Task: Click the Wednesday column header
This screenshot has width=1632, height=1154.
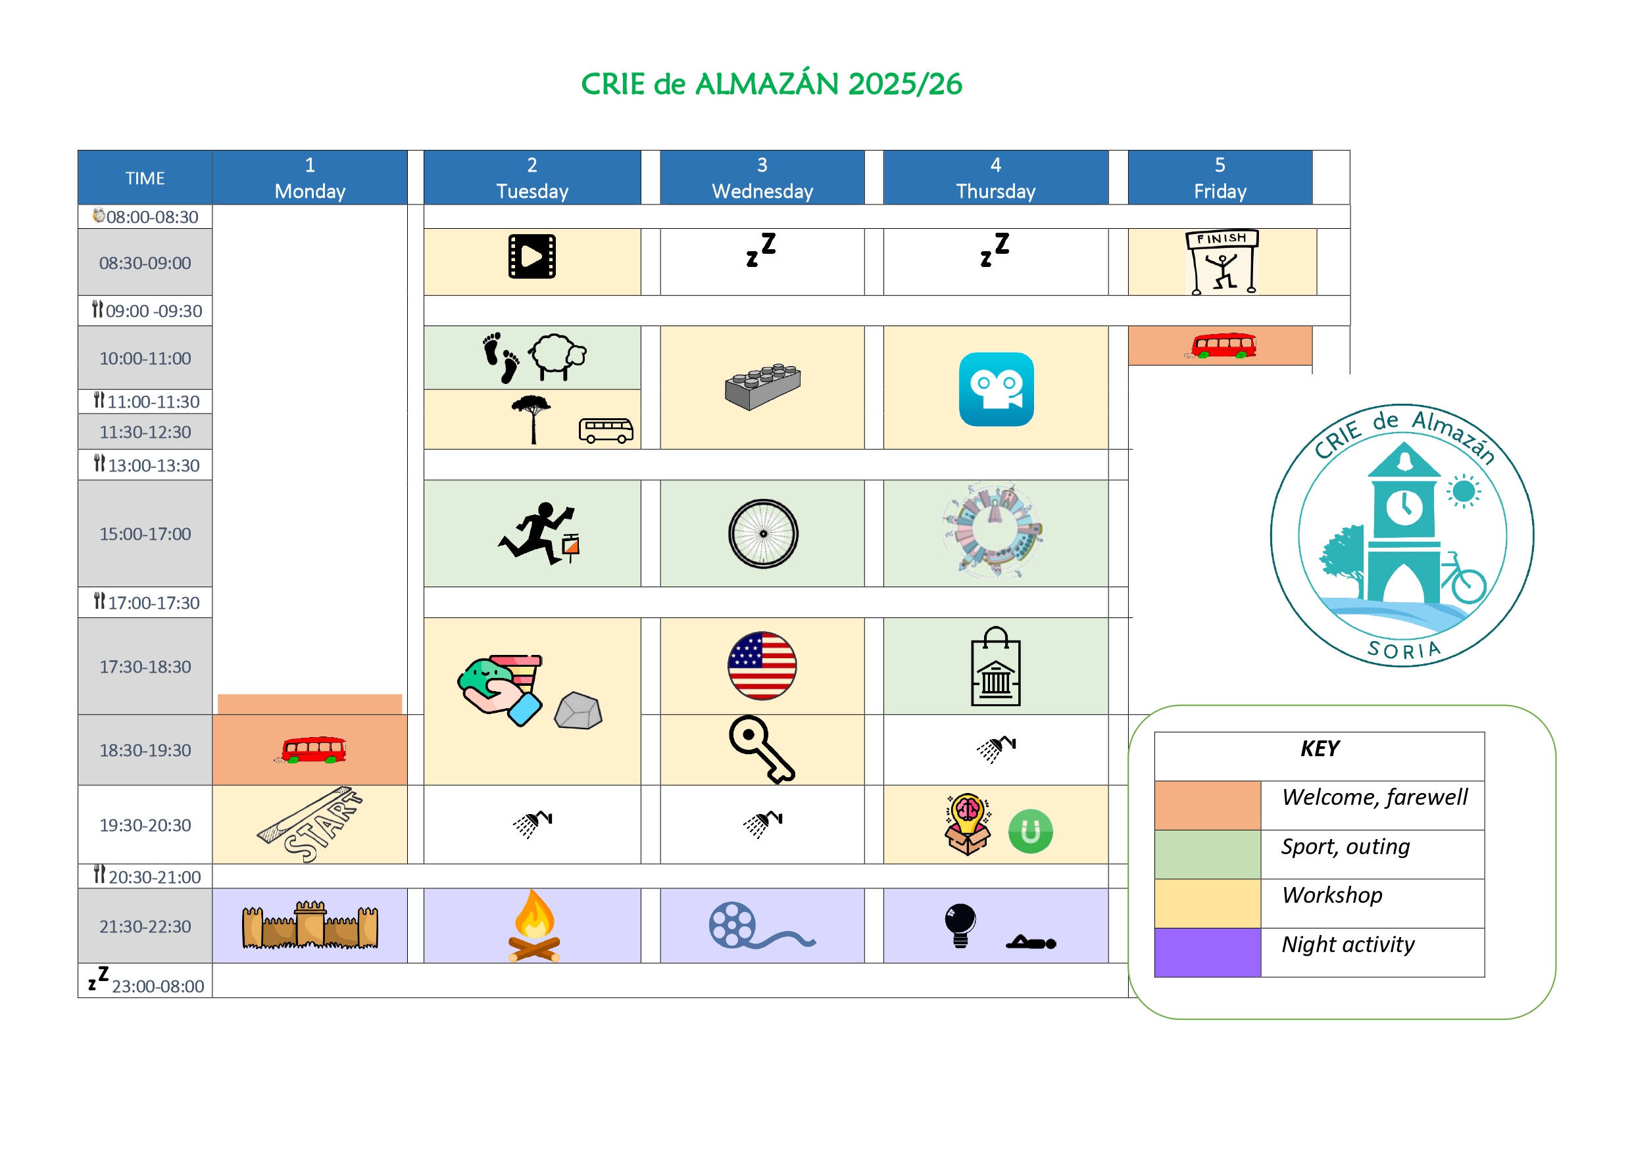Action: point(762,178)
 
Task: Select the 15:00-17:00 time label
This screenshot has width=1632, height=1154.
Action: point(145,534)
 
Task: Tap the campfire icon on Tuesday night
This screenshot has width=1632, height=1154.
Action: point(534,925)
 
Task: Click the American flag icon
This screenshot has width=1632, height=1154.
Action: point(762,666)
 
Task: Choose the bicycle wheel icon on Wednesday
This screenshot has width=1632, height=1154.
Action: point(762,534)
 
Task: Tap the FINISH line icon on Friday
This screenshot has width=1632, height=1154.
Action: point(1221,262)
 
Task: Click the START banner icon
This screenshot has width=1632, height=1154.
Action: point(310,825)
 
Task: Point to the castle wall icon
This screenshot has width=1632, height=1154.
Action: point(310,925)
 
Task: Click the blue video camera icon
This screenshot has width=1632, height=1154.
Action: point(996,389)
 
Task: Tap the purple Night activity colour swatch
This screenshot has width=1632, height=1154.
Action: point(1207,952)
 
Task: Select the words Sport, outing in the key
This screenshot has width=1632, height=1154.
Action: point(1345,846)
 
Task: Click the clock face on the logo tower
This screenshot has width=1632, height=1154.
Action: point(1404,508)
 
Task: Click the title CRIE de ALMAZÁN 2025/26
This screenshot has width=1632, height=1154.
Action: point(771,84)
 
